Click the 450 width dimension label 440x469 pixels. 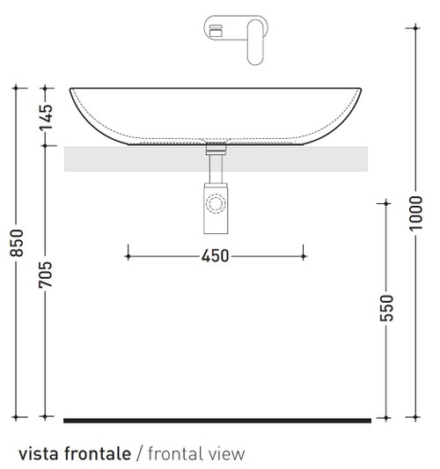pos(216,256)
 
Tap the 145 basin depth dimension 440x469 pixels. pos(47,115)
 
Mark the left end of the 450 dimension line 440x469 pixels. pos(128,256)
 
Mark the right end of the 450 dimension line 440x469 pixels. pos(304,256)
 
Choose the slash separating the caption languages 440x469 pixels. pos(139,454)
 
